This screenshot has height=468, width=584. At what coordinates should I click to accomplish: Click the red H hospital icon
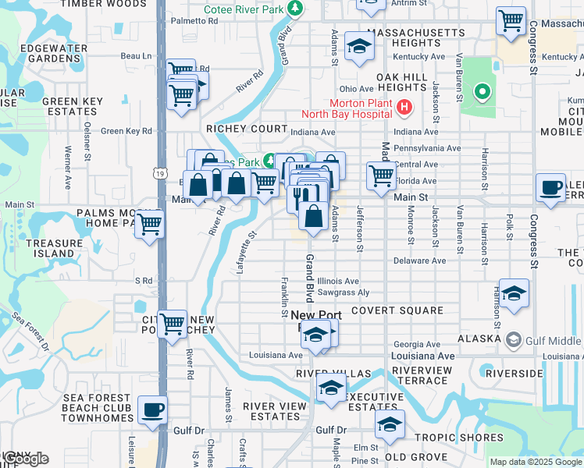[404, 106]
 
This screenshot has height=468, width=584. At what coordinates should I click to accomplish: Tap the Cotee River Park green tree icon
[294, 9]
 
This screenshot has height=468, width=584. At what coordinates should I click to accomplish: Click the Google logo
[25, 459]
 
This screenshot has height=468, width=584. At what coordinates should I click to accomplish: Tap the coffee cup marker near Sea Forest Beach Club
[152, 409]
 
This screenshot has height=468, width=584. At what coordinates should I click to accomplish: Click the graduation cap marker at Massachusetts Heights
[359, 45]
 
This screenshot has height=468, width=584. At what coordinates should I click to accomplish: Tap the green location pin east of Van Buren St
[483, 94]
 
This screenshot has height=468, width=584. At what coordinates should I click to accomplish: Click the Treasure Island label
[54, 248]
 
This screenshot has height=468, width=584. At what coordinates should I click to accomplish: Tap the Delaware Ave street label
[419, 261]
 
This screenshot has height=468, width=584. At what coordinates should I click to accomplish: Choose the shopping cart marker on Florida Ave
[380, 175]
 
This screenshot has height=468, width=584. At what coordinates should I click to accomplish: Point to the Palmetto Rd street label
[193, 21]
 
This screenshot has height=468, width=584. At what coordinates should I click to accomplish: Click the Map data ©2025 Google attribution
[535, 462]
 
